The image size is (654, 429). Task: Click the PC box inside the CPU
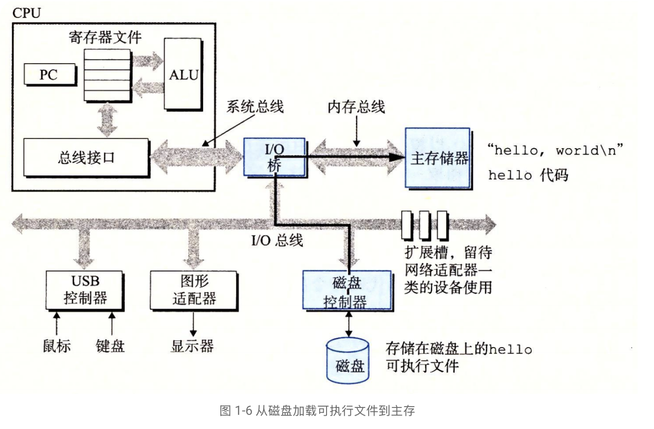pyautogui.click(x=49, y=75)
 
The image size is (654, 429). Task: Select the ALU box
pyautogui.click(x=183, y=75)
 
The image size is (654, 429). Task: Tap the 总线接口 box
pyautogui.click(x=86, y=158)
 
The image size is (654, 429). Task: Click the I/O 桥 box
pyautogui.click(x=274, y=157)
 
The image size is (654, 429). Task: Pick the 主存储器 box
pyautogui.click(x=438, y=158)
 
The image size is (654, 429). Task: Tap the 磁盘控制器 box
pyautogui.click(x=347, y=291)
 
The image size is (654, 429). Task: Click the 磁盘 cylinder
pyautogui.click(x=348, y=361)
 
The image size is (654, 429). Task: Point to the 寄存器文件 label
pyautogui.click(x=105, y=37)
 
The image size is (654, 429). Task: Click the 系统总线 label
pyautogui.click(x=255, y=107)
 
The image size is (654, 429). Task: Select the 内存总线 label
pyautogui.click(x=356, y=107)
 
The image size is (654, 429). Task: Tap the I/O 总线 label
pyautogui.click(x=277, y=240)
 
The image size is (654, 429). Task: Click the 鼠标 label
pyautogui.click(x=57, y=346)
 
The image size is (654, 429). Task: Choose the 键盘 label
pyautogui.click(x=110, y=346)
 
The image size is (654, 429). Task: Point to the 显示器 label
pyautogui.click(x=192, y=346)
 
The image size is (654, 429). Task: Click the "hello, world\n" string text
pyautogui.click(x=555, y=150)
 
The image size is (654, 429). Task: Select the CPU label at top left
pyautogui.click(x=27, y=13)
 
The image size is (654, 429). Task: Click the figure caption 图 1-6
pyautogui.click(x=317, y=410)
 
